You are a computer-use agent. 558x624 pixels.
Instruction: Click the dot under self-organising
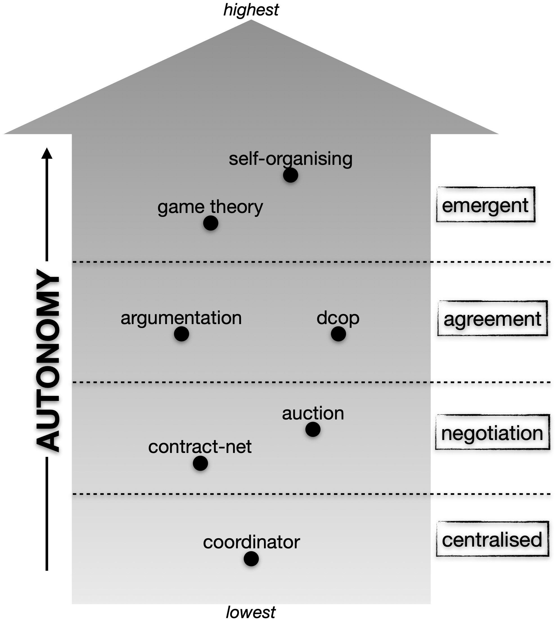(x=290, y=176)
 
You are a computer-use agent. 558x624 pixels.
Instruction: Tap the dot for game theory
(x=211, y=223)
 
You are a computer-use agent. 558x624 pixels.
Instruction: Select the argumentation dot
(x=182, y=334)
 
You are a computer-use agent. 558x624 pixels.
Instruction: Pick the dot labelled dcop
(x=338, y=334)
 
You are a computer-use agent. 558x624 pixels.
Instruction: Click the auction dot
(x=313, y=429)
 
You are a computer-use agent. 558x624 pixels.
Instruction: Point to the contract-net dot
(x=200, y=463)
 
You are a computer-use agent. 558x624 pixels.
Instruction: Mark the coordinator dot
(x=251, y=559)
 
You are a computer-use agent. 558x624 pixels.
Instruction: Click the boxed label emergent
(x=485, y=205)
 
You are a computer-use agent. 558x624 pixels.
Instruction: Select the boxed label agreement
(x=492, y=319)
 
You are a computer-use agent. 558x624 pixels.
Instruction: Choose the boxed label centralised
(x=492, y=540)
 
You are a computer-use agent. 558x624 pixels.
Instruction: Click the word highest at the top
(x=251, y=10)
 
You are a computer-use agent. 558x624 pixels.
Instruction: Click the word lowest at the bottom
(x=251, y=612)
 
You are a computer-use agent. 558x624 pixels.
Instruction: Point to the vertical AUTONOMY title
(x=48, y=360)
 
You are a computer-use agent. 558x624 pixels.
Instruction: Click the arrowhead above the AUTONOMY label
(x=47, y=153)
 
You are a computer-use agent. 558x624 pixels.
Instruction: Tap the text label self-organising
(x=291, y=159)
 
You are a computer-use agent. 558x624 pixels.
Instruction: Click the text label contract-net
(x=200, y=447)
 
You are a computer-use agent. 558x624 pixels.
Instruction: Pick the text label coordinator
(x=251, y=542)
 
